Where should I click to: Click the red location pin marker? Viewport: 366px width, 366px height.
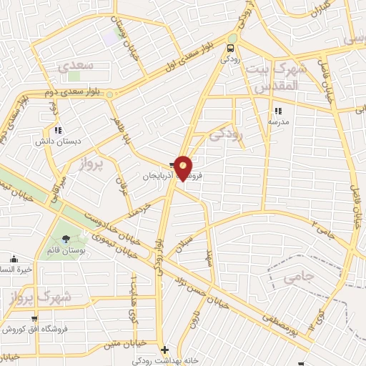click(x=184, y=167)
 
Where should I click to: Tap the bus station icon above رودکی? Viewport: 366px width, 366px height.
click(x=229, y=49)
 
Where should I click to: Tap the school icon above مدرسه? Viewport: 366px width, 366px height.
click(x=278, y=111)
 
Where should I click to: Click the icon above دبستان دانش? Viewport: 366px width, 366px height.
click(x=58, y=130)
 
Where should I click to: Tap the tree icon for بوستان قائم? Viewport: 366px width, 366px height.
click(x=66, y=239)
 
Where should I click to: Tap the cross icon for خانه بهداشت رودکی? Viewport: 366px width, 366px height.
click(x=165, y=350)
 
